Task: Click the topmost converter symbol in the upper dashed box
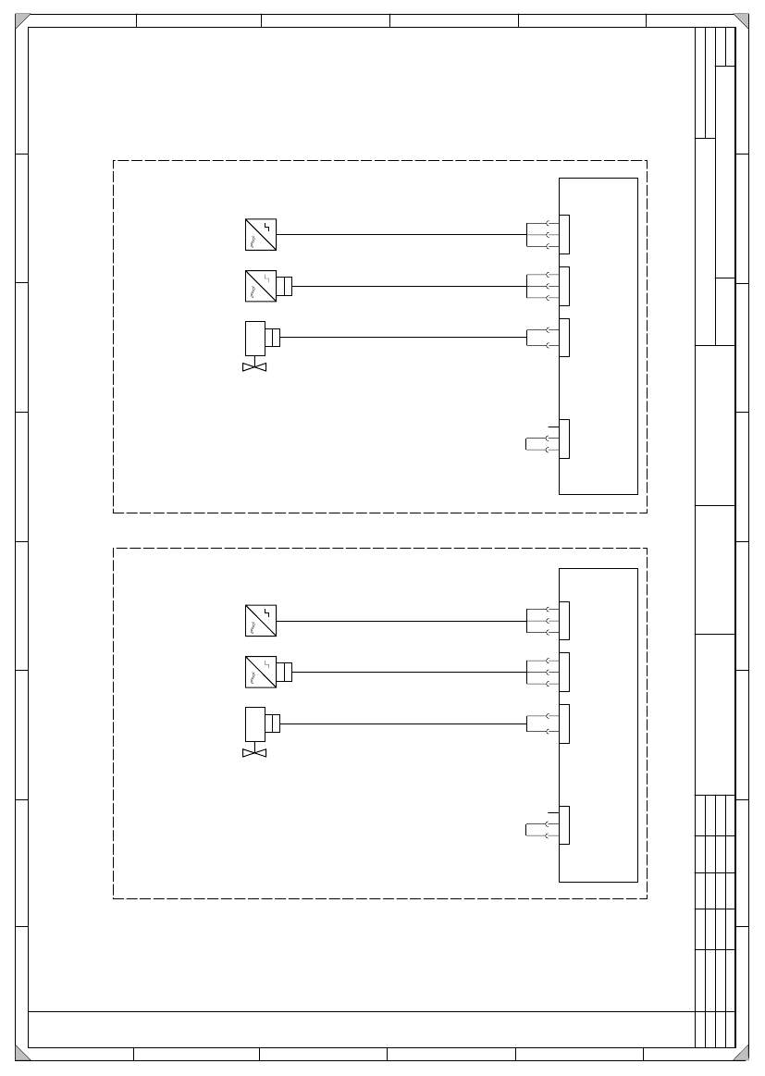point(261,234)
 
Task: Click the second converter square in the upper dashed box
point(261,286)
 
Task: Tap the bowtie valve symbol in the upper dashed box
point(254,367)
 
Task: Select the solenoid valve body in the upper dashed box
point(255,338)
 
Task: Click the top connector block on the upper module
point(564,234)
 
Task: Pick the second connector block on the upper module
point(564,286)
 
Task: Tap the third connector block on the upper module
point(564,338)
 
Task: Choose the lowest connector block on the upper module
point(564,439)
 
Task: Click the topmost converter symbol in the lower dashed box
point(261,621)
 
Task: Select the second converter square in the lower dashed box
point(261,673)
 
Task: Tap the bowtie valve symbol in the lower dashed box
point(254,753)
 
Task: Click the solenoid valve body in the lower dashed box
point(255,724)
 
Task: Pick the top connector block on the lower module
point(564,621)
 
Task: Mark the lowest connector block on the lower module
point(564,825)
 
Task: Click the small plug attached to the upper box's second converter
point(285,286)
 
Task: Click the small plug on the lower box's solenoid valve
point(273,724)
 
